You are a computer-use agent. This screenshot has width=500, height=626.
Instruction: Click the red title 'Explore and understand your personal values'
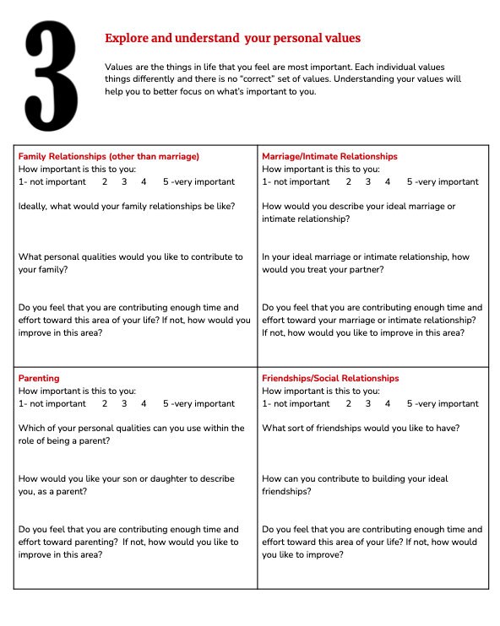point(232,38)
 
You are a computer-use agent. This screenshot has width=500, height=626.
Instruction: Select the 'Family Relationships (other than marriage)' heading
point(108,157)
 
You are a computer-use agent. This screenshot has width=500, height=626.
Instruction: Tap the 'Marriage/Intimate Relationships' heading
point(329,157)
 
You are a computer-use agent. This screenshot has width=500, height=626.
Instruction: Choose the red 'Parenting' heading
point(39,379)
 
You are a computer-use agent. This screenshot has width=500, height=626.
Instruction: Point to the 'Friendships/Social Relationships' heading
point(330,379)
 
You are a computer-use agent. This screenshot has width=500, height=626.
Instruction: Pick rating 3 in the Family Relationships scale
point(124,181)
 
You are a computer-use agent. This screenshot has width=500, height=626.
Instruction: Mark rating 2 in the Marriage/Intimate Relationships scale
point(349,181)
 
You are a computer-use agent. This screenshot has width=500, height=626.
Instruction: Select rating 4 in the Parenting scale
point(144,403)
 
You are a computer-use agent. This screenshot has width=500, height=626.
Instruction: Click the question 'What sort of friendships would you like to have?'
point(361,429)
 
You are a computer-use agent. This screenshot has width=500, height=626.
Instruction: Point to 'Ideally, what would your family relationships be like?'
point(127,207)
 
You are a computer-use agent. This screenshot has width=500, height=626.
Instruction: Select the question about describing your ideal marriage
point(358,213)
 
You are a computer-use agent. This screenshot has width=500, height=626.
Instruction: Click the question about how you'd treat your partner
point(366,263)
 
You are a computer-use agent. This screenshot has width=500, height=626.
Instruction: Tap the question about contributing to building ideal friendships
point(355,485)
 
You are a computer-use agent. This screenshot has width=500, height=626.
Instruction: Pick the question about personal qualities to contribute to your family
point(130,263)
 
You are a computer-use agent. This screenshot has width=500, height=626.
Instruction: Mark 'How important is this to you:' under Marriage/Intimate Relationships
point(321,169)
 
